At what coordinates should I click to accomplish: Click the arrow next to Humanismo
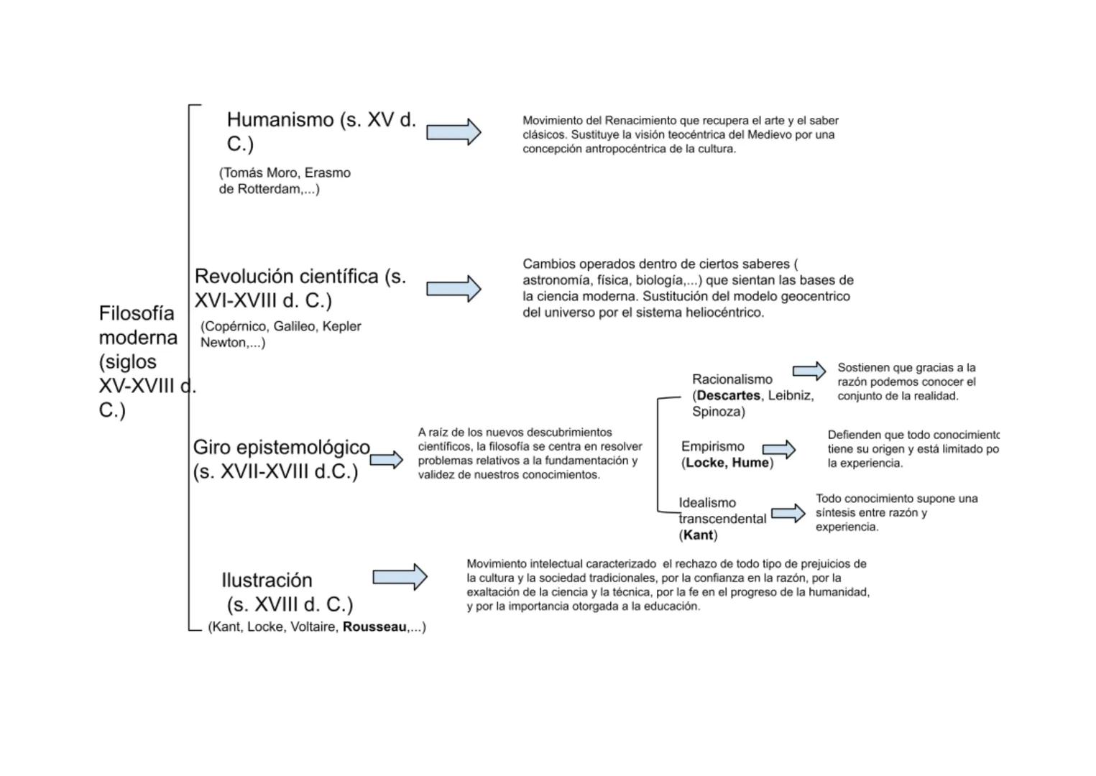tap(453, 132)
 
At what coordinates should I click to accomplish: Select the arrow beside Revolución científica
tap(453, 289)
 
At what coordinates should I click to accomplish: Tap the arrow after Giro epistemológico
tap(387, 460)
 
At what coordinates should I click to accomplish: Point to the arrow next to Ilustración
tap(400, 576)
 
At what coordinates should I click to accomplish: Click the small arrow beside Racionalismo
tap(809, 371)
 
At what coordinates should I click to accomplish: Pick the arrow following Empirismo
tap(779, 450)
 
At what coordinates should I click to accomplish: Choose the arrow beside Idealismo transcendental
tap(788, 513)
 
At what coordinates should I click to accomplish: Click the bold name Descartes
tap(728, 395)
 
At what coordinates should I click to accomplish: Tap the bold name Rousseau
tap(374, 627)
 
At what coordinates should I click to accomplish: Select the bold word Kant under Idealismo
tap(699, 535)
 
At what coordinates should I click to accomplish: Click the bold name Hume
tap(750, 463)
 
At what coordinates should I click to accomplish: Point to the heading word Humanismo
tap(280, 119)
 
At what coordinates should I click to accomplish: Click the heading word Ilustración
tap(267, 580)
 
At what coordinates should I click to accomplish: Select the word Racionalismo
tap(732, 379)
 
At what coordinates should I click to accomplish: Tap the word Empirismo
tap(712, 446)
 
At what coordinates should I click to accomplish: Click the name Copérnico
tap(236, 326)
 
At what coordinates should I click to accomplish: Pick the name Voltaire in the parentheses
tap(314, 627)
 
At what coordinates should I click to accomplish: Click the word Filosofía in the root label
tap(137, 313)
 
